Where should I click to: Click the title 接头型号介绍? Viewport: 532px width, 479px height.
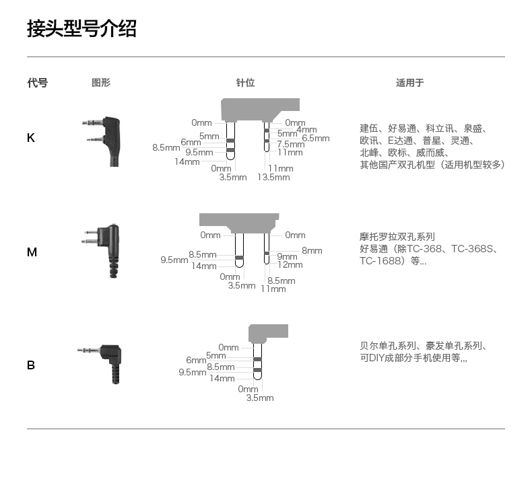tap(81, 29)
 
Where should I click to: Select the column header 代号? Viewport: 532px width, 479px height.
tap(37, 83)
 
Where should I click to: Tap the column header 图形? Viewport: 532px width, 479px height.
tap(101, 83)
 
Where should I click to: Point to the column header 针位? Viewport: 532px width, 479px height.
tap(245, 83)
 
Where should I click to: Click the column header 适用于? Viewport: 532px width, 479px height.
tap(409, 83)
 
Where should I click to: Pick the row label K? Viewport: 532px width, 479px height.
tap(31, 138)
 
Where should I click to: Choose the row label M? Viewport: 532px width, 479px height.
tap(32, 252)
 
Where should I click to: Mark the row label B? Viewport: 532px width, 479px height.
tap(31, 365)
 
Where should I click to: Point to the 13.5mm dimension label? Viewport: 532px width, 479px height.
tap(273, 178)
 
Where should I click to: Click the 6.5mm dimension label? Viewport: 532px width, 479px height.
tap(316, 138)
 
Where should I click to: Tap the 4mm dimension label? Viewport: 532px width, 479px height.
tap(306, 130)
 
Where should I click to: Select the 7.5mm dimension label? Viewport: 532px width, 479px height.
tap(291, 144)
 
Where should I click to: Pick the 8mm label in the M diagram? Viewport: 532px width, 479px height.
tap(312, 250)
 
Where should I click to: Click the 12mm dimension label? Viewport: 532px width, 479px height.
tap(290, 264)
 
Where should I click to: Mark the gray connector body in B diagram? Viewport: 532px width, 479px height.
tap(269, 332)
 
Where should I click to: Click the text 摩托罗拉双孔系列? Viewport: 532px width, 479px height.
tap(397, 237)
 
